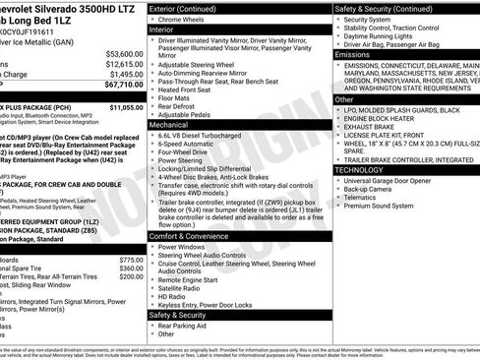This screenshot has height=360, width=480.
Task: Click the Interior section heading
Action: click(x=169, y=30)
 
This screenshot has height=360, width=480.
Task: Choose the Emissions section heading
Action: click(x=354, y=54)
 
